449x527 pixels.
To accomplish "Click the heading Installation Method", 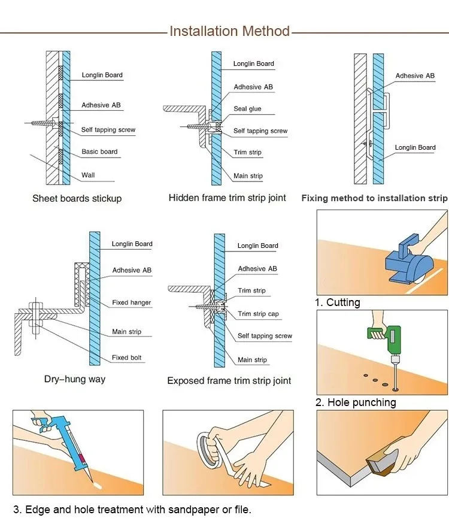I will (229, 31).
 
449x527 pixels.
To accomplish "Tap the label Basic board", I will (99, 152).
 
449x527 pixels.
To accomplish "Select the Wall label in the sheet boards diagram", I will (88, 175).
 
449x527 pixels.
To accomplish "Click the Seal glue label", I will (247, 109).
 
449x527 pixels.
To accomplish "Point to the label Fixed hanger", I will (131, 302).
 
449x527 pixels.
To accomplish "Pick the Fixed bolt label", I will (128, 358).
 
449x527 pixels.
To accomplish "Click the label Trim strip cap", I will (258, 314).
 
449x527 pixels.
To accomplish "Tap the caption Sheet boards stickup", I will (77, 198).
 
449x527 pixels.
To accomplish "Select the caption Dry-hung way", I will (75, 378).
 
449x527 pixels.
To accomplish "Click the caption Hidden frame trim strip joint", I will (227, 198).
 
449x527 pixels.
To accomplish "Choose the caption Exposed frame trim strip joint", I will (229, 380).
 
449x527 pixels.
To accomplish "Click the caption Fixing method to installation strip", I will (374, 198).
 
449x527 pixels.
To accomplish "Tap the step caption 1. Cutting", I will (338, 302).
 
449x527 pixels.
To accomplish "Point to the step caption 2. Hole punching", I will (356, 402).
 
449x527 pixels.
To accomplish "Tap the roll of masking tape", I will (210, 446).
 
